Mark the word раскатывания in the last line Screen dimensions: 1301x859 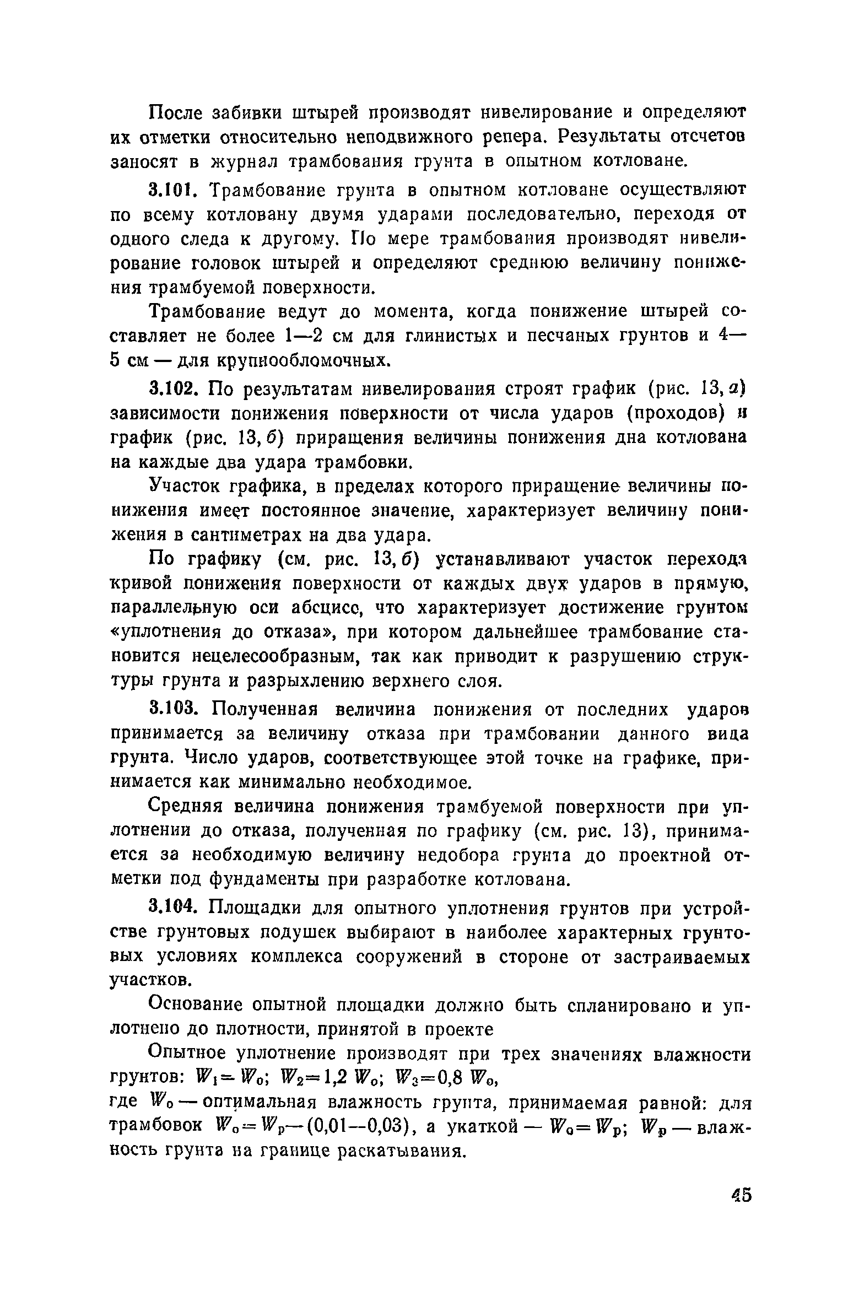401,1152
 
